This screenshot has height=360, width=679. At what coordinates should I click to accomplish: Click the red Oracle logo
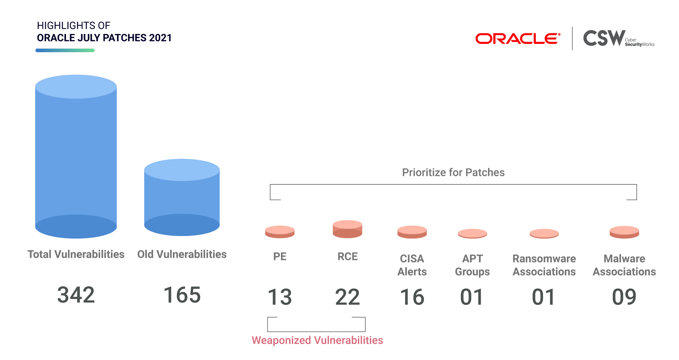pos(518,38)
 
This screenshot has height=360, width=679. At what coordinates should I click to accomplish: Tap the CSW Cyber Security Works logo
pos(618,38)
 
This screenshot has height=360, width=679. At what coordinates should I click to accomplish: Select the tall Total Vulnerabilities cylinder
pos(76,157)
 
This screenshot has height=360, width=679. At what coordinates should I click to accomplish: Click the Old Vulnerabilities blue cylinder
pos(182,197)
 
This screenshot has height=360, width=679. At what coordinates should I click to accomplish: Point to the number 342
pos(76,295)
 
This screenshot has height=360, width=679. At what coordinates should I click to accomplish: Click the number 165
pos(182,295)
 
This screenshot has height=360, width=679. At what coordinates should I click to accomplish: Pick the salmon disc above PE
pos(280,232)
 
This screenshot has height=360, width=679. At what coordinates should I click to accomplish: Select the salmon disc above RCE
pos(348,229)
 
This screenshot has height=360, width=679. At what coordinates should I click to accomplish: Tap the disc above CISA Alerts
pos(412,232)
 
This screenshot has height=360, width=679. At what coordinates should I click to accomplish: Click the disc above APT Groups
pos(472,233)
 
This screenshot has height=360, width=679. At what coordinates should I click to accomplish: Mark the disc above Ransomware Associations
pos(544,233)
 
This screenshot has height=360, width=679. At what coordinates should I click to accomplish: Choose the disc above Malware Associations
pos(624,232)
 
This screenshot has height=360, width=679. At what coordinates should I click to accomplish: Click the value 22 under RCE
pos(348,297)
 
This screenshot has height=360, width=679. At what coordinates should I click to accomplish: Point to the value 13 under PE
pos(280,297)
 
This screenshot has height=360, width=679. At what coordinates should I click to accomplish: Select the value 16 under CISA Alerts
pos(412,297)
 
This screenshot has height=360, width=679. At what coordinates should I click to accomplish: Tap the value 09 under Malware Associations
pos(624,297)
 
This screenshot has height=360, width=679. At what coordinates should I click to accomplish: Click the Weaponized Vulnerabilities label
pos(317,340)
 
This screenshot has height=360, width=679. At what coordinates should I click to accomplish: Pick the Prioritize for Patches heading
pos(453,172)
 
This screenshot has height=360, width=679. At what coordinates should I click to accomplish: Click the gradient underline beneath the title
pos(65,50)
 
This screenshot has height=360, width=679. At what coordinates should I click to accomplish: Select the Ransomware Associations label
pos(544,265)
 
